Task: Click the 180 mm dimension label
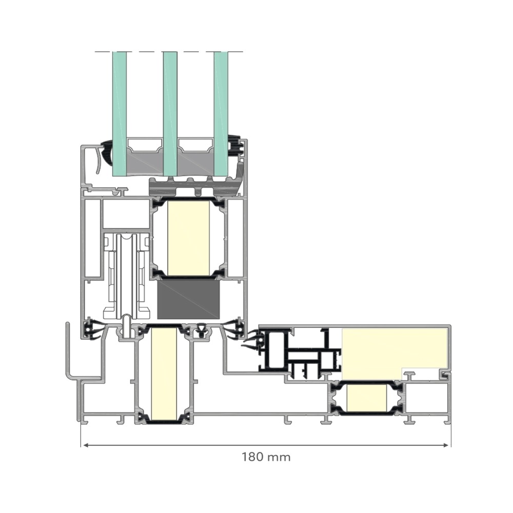[x=266, y=457]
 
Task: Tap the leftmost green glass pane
[x=120, y=114]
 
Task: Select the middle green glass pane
[x=170, y=114]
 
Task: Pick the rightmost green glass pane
[x=221, y=113]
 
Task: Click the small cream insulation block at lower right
[x=366, y=398]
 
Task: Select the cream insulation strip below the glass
[x=188, y=238]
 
